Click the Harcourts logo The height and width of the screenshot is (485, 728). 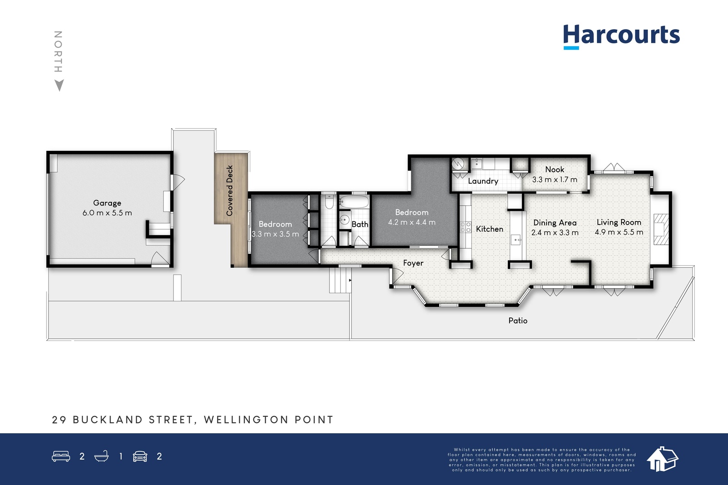621,37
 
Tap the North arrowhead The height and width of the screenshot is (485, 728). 59,85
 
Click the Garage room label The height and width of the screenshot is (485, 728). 107,203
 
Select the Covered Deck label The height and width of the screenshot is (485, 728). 230,190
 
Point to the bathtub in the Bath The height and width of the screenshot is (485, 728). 354,202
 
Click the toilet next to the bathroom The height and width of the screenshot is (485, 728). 329,202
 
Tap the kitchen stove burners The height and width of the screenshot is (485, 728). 465,227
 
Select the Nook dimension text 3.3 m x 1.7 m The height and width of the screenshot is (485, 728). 555,180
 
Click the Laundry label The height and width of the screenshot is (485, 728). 483,181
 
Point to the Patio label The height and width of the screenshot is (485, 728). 518,321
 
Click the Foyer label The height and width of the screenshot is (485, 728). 413,263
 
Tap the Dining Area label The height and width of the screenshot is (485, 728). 555,223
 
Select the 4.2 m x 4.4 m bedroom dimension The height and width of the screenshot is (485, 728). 411,222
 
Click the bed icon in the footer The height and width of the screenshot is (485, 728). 61,456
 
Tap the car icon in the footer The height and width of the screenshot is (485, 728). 140,456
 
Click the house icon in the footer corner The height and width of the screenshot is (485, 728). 662,459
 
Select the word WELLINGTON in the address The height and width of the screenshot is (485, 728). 246,420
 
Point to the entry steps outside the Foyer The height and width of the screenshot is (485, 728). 340,280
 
